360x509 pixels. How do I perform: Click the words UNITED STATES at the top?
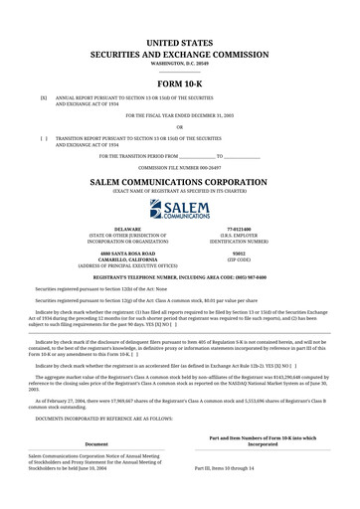[180, 17]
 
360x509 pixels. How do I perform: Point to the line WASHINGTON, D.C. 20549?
[180, 36]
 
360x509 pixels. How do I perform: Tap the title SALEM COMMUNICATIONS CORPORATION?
[180, 184]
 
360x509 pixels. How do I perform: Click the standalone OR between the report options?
[180, 127]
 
